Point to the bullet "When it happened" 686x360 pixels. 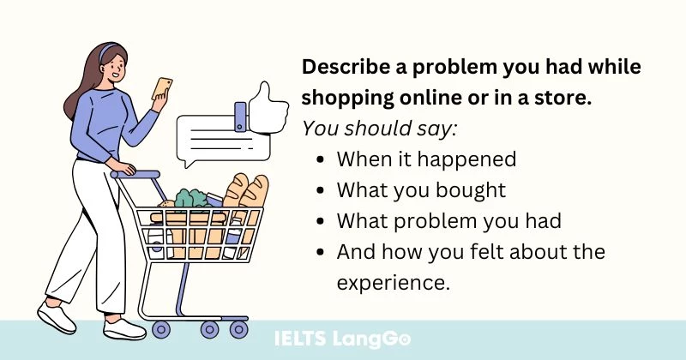click(x=425, y=159)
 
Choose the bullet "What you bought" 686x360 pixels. click(x=420, y=190)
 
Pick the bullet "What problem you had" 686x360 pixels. click(x=448, y=221)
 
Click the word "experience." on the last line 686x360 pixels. click(x=393, y=283)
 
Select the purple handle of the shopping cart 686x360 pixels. click(x=137, y=174)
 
